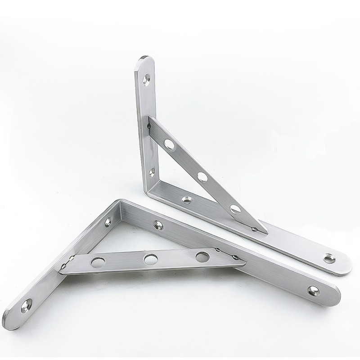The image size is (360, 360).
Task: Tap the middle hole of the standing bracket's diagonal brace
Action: [x=202, y=175]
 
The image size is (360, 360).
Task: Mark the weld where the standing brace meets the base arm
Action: [x=256, y=230]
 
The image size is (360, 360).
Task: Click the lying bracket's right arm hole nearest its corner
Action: [x=158, y=223]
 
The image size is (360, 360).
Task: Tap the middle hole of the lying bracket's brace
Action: [x=148, y=258]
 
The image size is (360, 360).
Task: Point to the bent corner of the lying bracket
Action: [x=118, y=203]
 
